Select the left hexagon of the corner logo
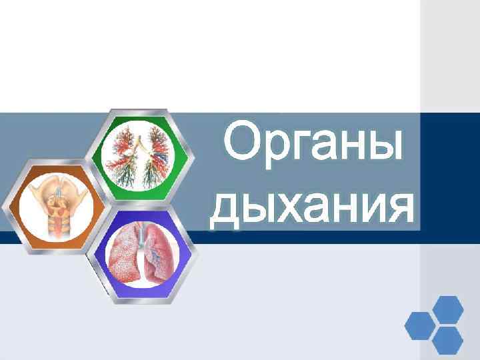419,326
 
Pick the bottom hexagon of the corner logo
447,341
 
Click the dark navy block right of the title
450,177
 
